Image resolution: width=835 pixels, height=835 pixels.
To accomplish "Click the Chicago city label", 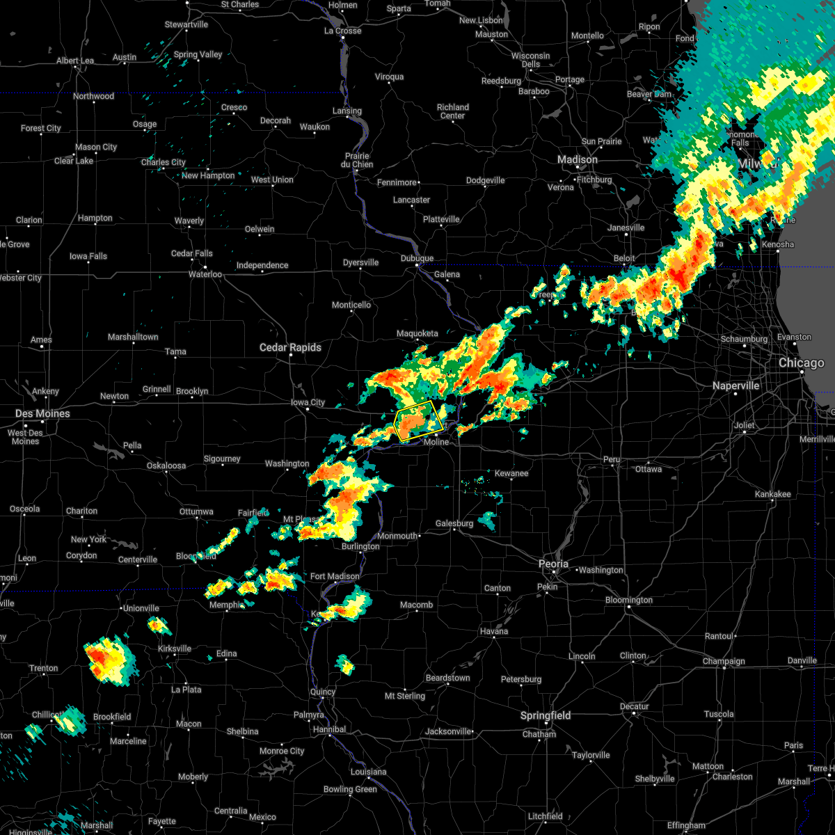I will point(802,363).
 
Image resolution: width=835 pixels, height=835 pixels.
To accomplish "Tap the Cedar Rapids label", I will point(290,347).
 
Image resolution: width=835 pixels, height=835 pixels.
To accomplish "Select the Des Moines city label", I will point(42,413).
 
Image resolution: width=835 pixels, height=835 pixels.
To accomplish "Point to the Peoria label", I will point(553,564).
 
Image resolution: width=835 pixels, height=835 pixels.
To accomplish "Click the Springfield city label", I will point(546,715).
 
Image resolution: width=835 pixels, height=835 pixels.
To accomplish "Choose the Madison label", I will point(577,160).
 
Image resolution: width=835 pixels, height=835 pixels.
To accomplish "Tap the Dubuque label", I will point(417,258).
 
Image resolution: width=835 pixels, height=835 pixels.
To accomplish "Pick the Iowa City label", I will point(308,402).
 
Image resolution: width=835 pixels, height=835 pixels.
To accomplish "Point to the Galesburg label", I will point(454,523).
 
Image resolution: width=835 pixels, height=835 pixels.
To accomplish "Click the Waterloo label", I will point(205,274).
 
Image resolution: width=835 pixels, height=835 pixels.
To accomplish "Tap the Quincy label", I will point(323,692).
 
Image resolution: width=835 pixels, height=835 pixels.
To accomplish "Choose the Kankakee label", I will point(772,494).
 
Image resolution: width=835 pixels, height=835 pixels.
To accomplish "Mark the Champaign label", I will point(724,661).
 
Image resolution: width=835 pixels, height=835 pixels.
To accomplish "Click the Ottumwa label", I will point(196,511).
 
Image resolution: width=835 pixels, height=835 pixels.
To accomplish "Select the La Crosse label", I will point(343,31).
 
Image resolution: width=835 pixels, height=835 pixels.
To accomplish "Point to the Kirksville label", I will point(174,649).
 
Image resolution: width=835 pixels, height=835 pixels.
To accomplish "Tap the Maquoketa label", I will point(417,333).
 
